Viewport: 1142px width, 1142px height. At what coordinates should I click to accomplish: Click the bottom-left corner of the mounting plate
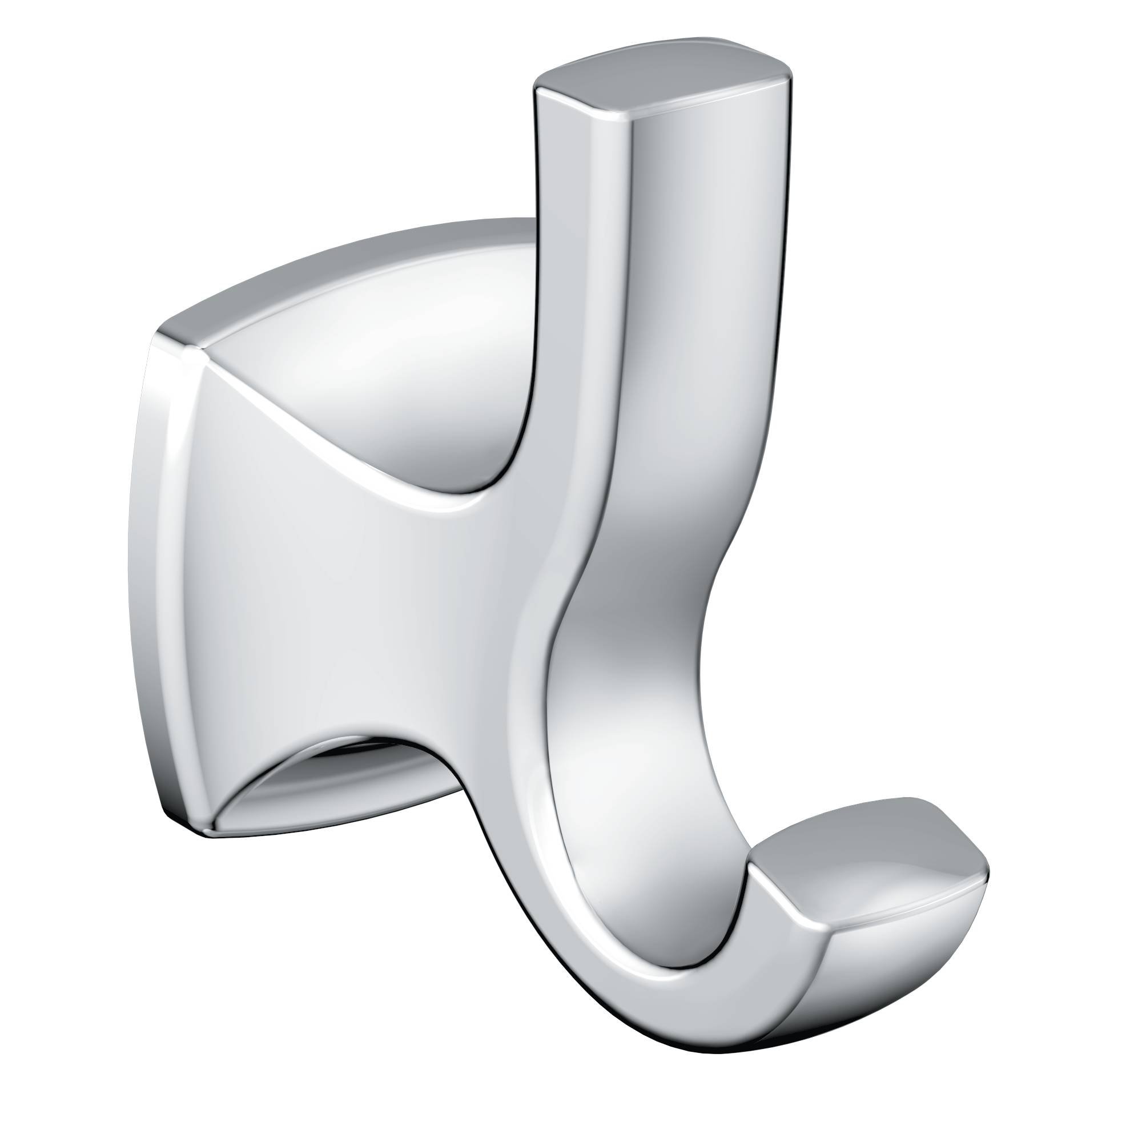coord(207,834)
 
